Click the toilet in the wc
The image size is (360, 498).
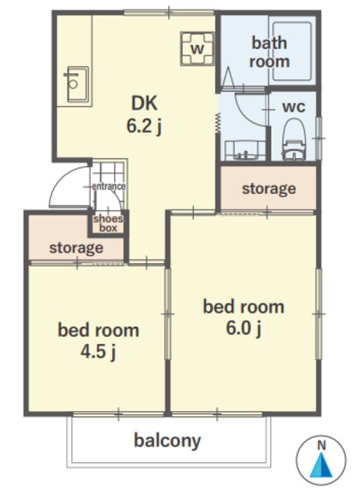294,139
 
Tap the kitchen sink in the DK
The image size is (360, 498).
77,84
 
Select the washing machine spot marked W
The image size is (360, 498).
197,48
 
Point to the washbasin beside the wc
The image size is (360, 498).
245,151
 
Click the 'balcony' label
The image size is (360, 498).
167,441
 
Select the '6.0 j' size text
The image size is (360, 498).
244,328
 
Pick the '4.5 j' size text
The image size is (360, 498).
98,352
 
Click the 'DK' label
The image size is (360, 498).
145,103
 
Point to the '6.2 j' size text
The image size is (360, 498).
145,126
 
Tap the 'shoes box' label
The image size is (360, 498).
108,223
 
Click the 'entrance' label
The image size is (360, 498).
109,186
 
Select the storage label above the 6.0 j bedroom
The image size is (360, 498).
269,188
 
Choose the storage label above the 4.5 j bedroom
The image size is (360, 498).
76,247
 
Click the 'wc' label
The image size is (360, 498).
294,107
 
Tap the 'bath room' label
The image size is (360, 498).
269,52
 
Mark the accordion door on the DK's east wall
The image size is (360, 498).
218,123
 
